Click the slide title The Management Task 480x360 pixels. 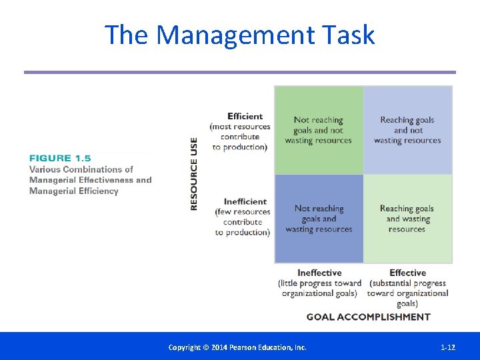point(239,35)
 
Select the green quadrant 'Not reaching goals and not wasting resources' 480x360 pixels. point(319,130)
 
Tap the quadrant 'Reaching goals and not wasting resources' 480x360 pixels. point(407,130)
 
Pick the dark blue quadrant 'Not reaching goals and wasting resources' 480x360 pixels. point(319,219)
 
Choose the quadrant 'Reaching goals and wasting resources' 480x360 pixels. point(407,219)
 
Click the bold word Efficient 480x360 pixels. point(245,116)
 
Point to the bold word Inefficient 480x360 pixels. point(245,201)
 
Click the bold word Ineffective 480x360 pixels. point(319,273)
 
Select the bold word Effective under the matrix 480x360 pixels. point(407,273)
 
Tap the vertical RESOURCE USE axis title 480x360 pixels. point(194,174)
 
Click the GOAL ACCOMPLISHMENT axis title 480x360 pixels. point(368,317)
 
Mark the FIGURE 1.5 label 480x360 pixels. point(59,158)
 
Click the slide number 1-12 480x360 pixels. point(448,347)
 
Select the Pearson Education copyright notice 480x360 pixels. point(237,347)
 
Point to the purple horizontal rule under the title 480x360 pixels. point(240,72)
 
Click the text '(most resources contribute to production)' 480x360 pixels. point(240,137)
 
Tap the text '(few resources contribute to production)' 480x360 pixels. point(243,222)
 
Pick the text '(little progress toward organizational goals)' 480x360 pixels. point(319,288)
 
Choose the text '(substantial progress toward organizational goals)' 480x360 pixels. point(407,293)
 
